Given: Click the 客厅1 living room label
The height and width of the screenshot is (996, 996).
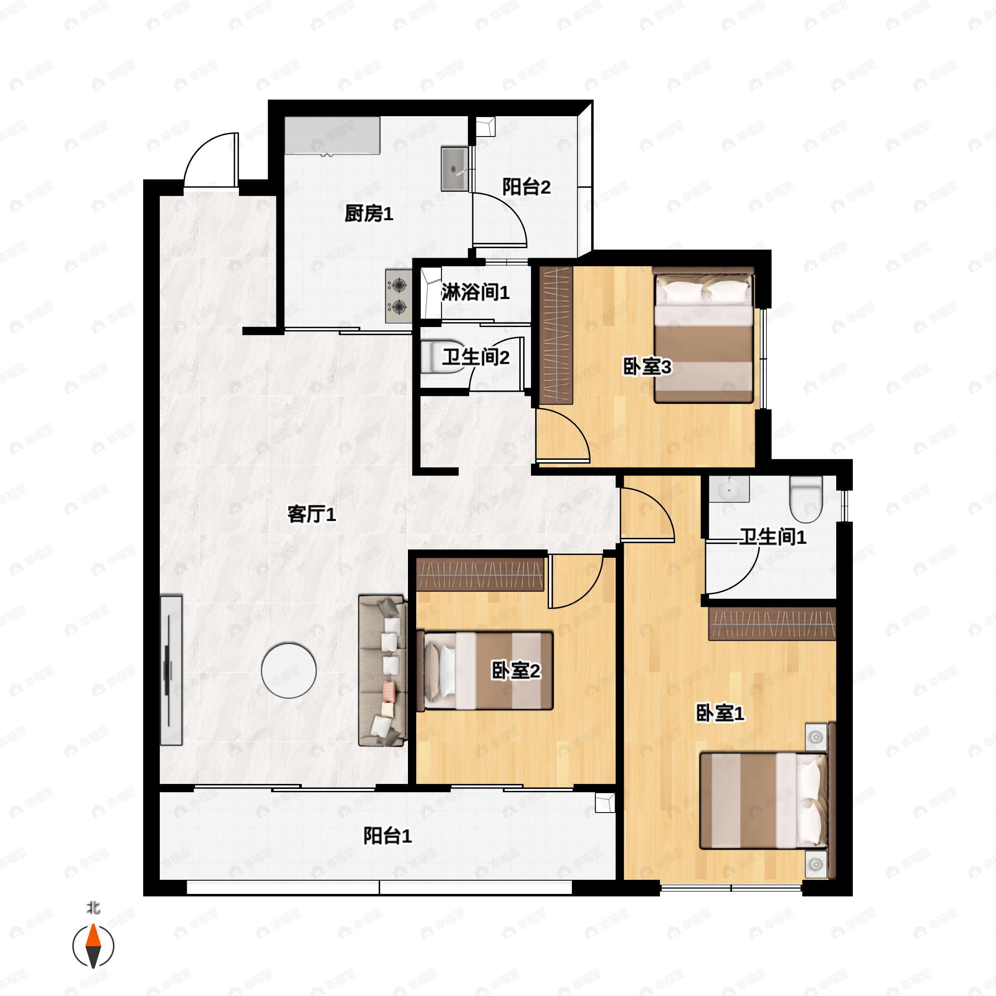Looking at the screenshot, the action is click(x=311, y=514).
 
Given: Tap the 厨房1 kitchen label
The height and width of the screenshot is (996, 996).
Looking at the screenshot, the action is click(x=369, y=213).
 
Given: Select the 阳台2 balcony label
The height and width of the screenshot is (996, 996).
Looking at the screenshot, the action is click(x=526, y=187).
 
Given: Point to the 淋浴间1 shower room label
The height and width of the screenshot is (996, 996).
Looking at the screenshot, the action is click(x=475, y=292).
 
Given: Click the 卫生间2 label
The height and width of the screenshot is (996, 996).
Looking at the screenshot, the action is click(x=475, y=357).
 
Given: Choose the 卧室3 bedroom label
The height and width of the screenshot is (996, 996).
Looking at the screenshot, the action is click(x=647, y=367).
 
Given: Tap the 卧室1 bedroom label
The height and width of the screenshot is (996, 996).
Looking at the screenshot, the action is click(x=720, y=713).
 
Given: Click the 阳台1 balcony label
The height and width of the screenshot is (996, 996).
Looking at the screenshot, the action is click(x=387, y=836).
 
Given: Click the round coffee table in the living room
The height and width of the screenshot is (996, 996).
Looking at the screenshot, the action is click(x=289, y=670).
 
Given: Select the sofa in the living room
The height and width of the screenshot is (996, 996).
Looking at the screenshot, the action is click(x=382, y=671).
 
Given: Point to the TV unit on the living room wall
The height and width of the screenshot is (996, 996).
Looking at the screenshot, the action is click(x=171, y=670).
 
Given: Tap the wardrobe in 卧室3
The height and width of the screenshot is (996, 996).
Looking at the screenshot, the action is click(x=556, y=335).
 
